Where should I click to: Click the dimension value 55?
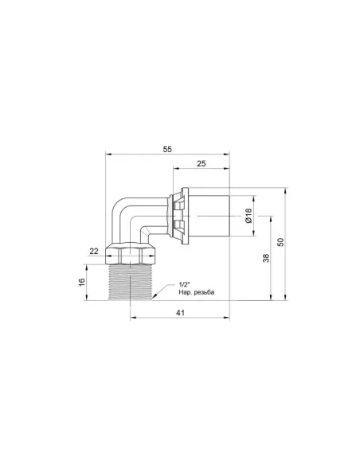coord(167,149)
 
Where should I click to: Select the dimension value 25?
coord(201,163)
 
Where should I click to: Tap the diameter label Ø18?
coord(248,216)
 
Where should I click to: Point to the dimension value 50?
coord(280,242)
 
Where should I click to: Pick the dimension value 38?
coord(266,258)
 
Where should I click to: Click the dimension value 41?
coord(180,313)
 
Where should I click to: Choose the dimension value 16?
coord(82,282)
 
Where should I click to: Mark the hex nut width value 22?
coord(94,251)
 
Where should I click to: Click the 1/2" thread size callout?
coord(184,285)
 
